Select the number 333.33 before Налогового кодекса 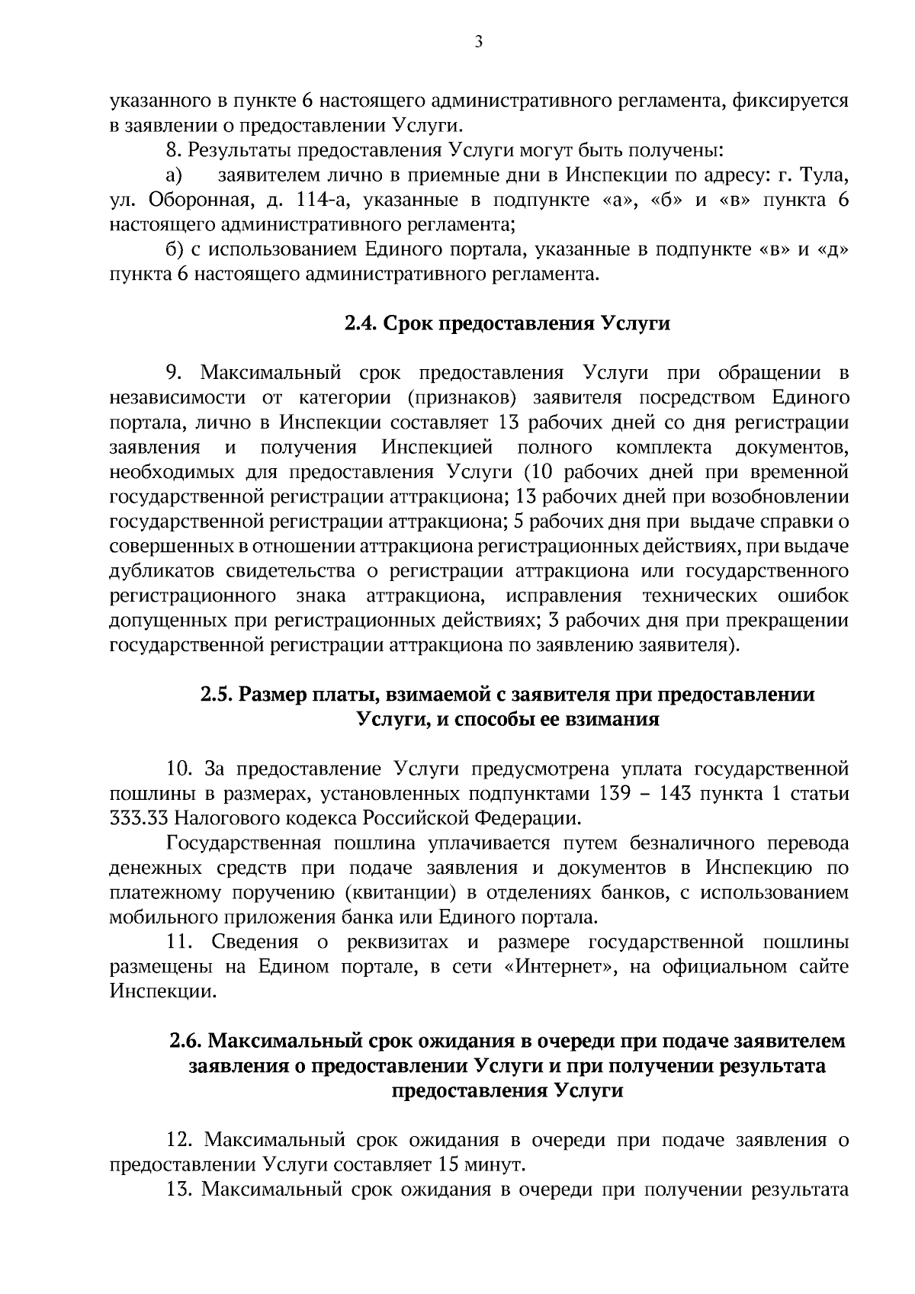tap(140, 818)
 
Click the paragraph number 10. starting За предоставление tap(179, 769)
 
